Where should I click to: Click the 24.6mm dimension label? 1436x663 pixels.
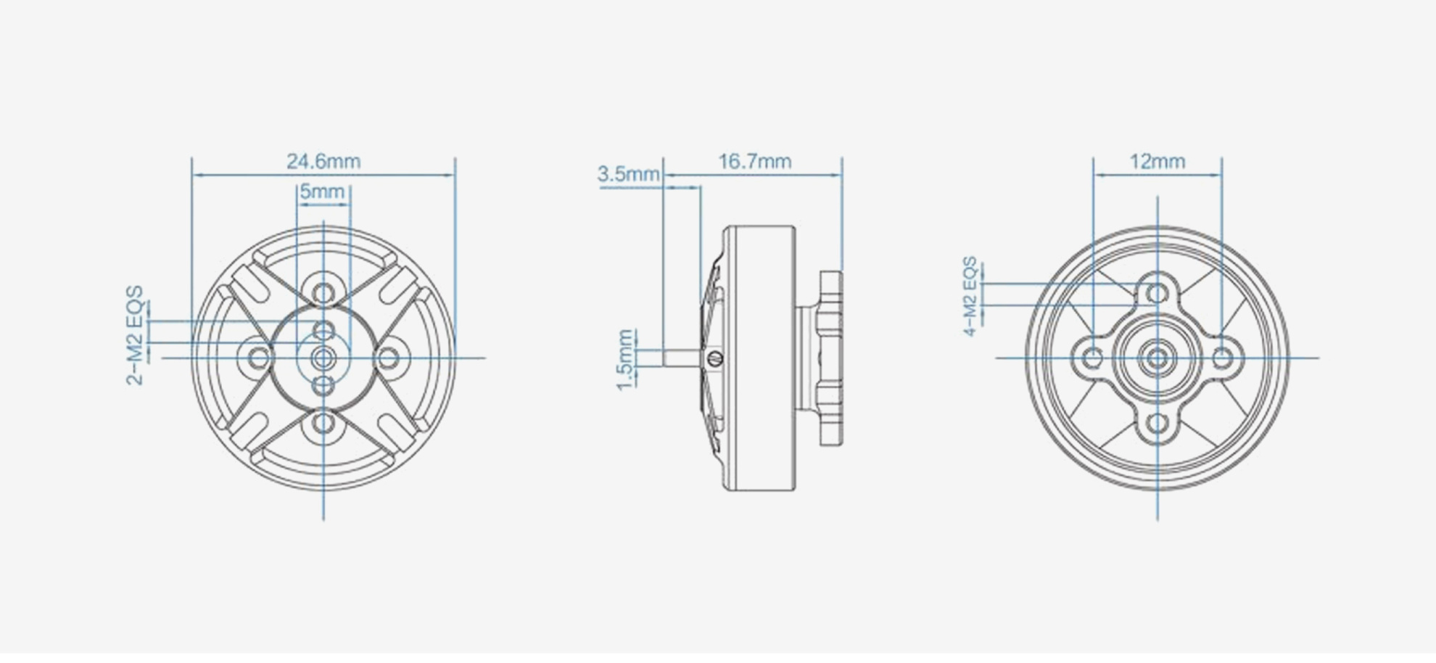[323, 161]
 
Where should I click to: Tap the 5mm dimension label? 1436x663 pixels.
[322, 192]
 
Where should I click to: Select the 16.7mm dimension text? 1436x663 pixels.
[754, 161]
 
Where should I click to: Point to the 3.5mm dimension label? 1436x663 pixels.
[628, 174]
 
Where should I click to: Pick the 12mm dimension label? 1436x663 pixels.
[1158, 161]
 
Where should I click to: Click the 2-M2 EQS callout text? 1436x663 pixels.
[136, 335]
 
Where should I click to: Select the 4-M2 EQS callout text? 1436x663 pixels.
[970, 297]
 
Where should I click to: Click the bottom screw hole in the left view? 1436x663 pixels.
[323, 424]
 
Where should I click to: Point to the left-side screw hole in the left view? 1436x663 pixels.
[259, 358]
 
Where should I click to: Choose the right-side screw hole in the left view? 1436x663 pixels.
[389, 358]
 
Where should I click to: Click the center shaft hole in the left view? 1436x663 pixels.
[323, 358]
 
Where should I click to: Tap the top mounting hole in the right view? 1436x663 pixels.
[1158, 293]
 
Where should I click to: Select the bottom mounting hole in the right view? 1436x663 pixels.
[1158, 423]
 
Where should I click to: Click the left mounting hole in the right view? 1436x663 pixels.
[1093, 358]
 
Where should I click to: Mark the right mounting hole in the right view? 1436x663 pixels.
[1223, 358]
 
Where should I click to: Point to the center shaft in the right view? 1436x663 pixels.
[1158, 358]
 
